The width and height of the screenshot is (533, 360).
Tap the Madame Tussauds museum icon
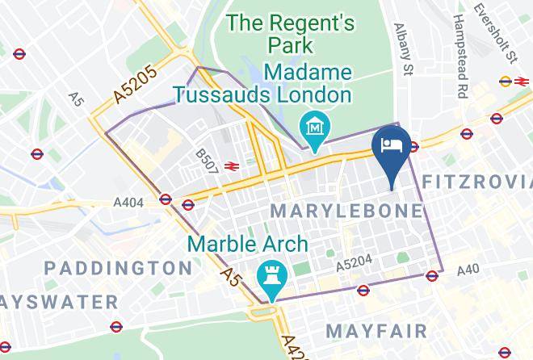[x=311, y=126]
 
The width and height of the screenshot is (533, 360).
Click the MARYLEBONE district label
[x=346, y=211]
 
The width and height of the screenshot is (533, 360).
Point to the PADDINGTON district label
[x=118, y=267]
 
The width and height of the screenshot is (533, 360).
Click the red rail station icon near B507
[x=232, y=167]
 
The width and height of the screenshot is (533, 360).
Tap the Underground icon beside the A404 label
[x=166, y=199]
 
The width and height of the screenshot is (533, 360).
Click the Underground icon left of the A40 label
[x=431, y=275]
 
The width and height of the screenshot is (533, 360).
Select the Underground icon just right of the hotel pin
[x=413, y=146]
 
